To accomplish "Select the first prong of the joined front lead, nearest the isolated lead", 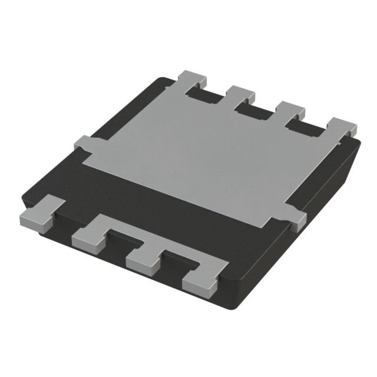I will point(88,234).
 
